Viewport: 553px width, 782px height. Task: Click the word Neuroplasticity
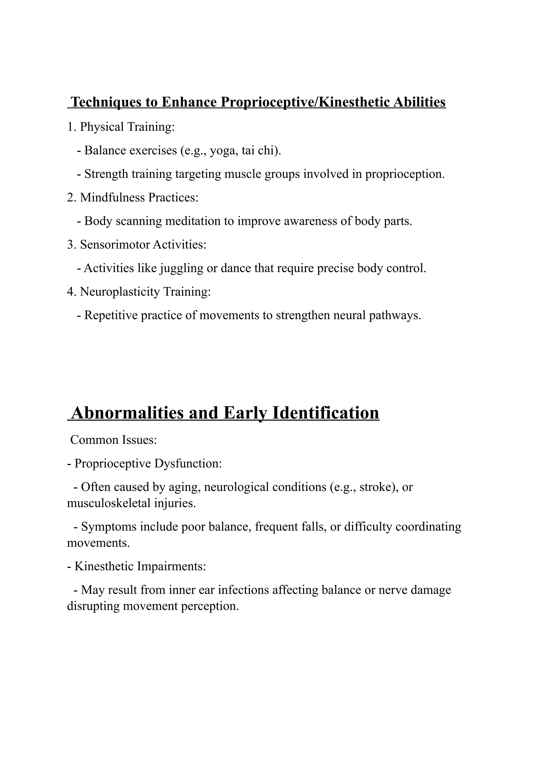[120, 292]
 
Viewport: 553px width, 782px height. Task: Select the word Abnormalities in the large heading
[127, 413]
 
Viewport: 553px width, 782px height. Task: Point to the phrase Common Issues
[113, 440]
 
